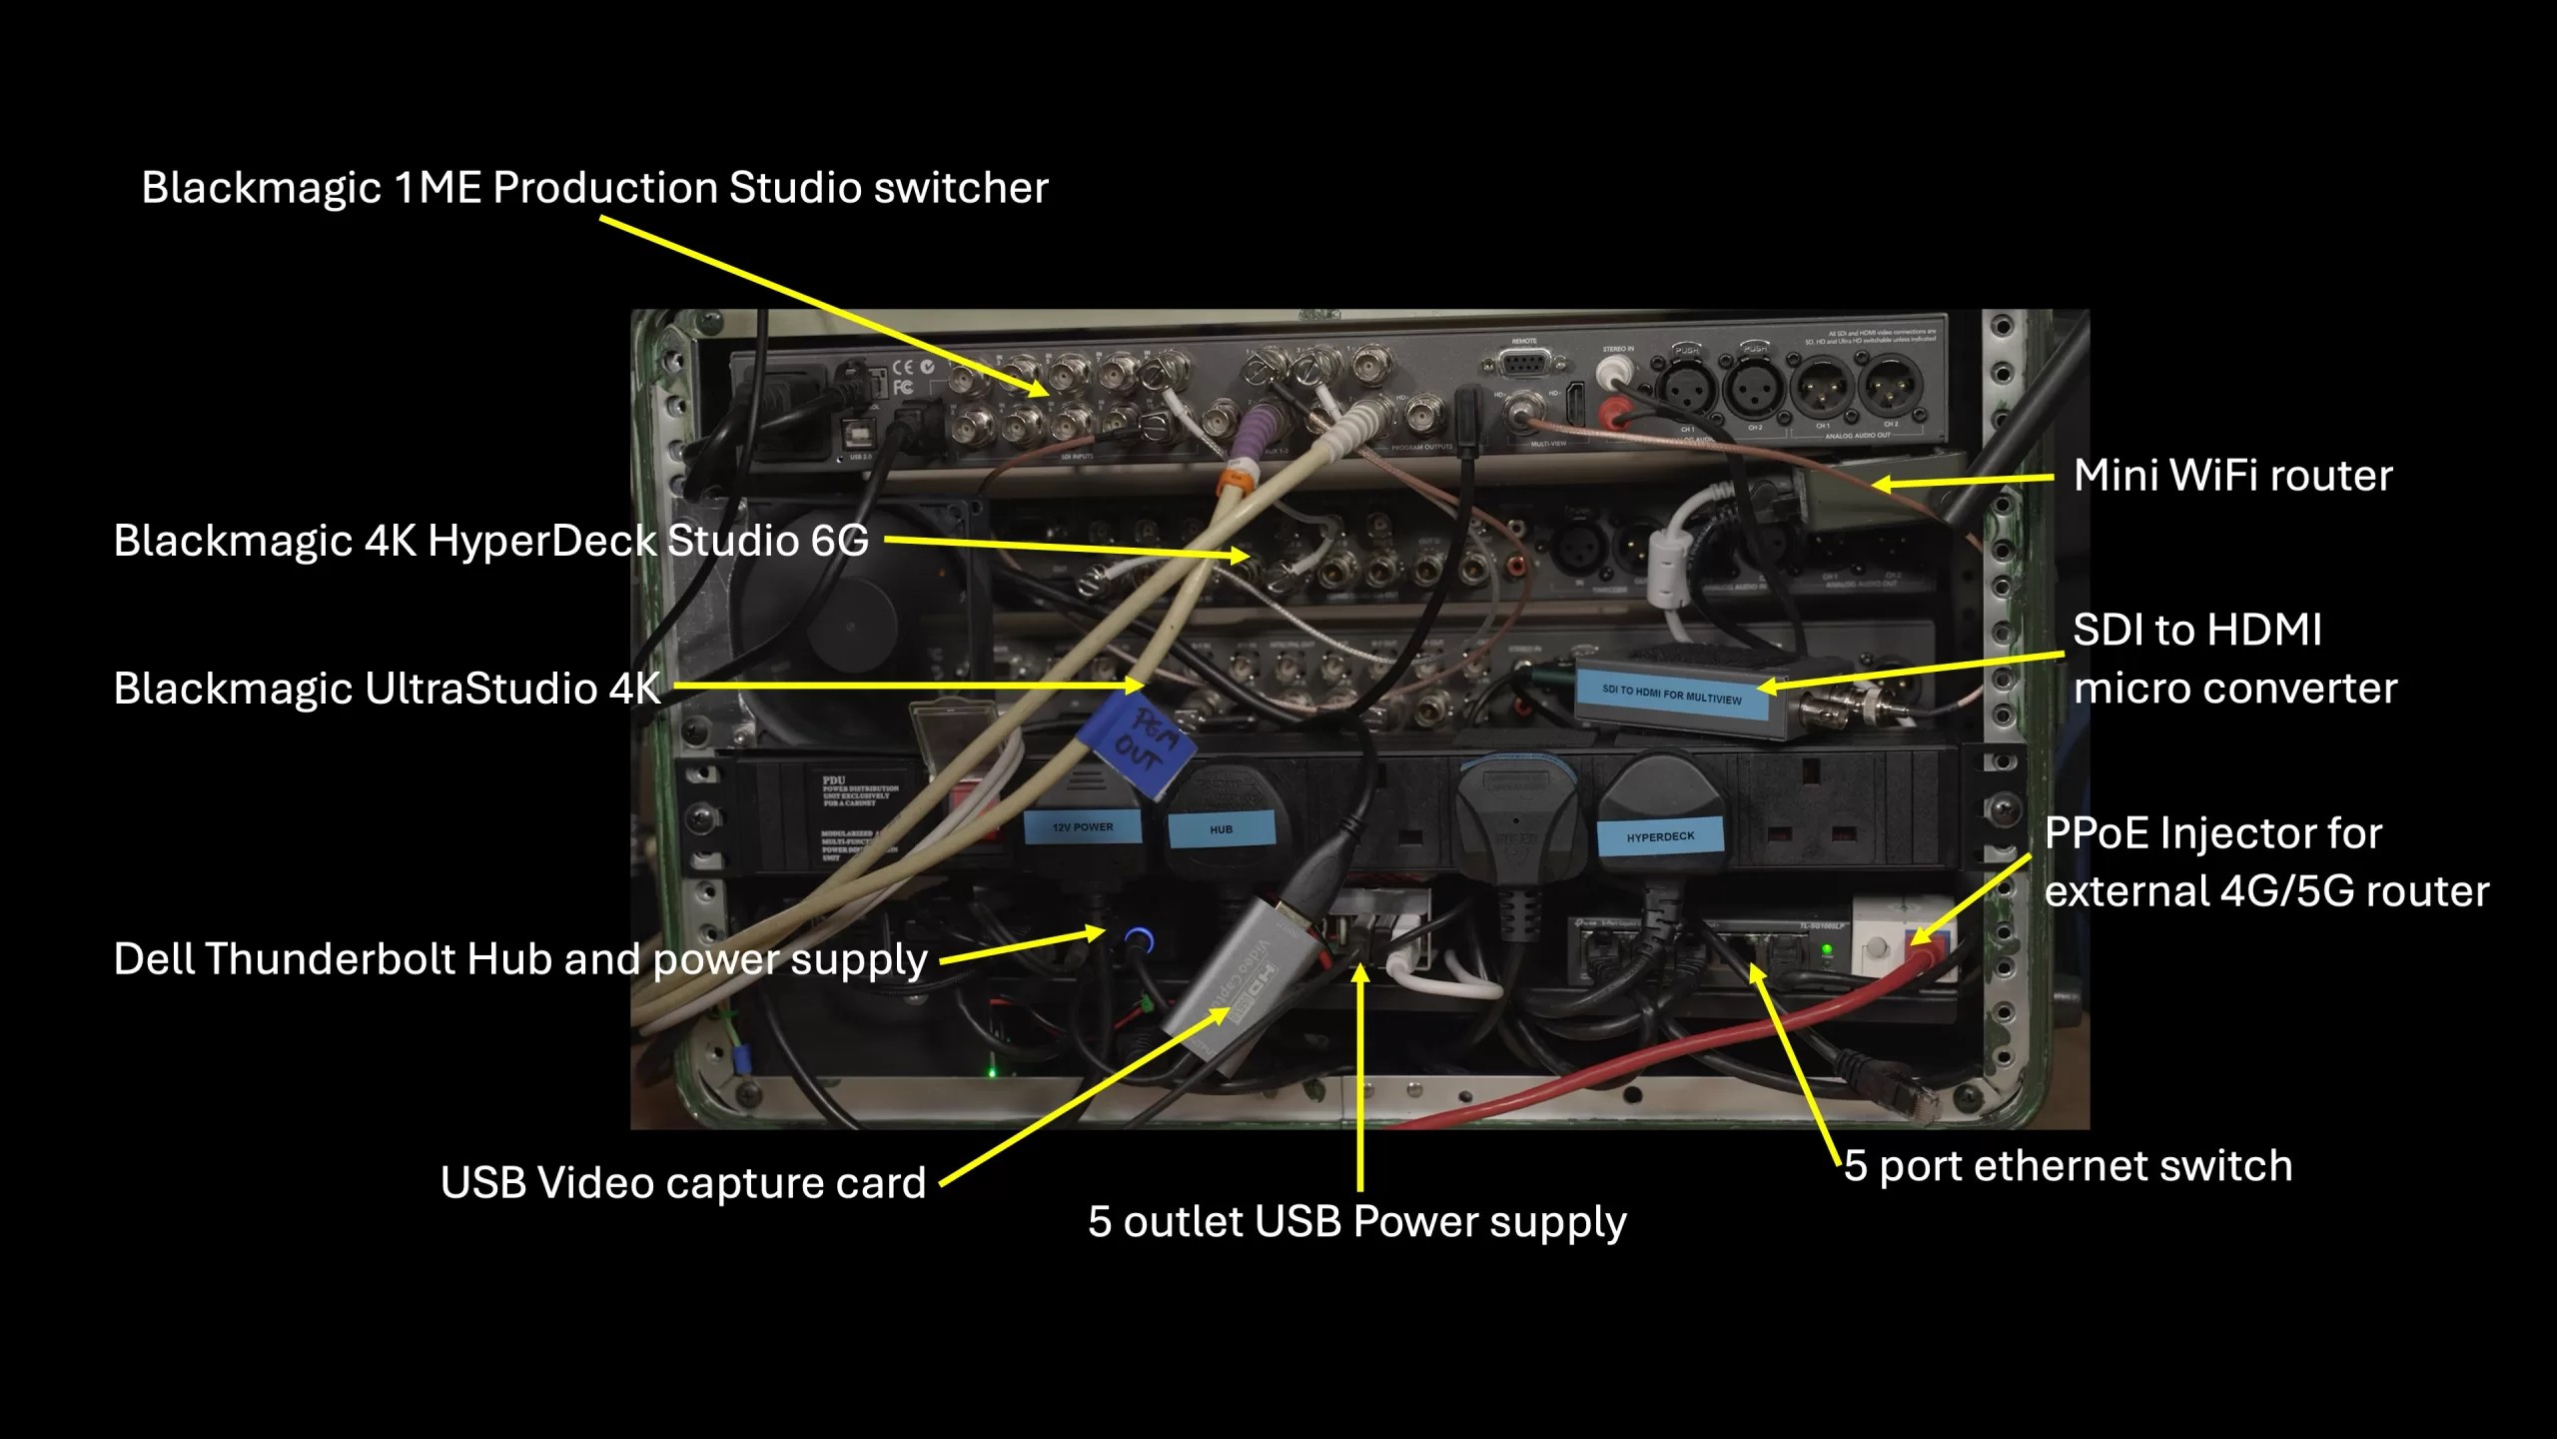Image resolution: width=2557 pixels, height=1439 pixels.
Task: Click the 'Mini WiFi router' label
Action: click(2232, 476)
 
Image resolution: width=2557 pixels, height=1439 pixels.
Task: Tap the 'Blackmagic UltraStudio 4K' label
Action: click(387, 689)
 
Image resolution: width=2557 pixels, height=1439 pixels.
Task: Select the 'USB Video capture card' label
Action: click(683, 1183)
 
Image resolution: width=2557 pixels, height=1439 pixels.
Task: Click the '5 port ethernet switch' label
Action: click(2068, 1166)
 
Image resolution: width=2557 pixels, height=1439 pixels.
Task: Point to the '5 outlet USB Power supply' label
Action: click(1356, 1222)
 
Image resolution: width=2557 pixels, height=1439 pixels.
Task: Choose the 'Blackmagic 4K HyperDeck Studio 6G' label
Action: click(490, 541)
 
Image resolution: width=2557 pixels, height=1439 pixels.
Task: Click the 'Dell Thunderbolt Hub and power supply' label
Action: click(520, 959)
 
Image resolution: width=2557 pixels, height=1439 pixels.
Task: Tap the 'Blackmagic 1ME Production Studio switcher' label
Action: click(594, 188)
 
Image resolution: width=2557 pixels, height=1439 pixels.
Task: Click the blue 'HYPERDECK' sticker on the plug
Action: click(1660, 836)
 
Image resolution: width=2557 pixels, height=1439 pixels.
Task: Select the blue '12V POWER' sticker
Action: click(1082, 827)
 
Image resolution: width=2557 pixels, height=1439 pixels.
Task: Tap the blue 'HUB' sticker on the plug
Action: click(1221, 829)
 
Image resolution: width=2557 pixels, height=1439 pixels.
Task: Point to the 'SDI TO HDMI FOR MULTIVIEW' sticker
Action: click(1671, 695)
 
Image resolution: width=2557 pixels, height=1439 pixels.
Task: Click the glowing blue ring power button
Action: click(1138, 940)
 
